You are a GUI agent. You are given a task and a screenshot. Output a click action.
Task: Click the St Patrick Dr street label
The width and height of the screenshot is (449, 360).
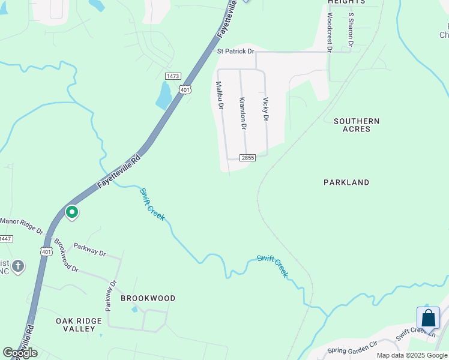click(x=235, y=52)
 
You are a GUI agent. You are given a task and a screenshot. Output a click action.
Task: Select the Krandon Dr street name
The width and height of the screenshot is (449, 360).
click(x=243, y=113)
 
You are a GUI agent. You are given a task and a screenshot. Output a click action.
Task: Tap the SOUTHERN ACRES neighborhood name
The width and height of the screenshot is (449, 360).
click(x=357, y=125)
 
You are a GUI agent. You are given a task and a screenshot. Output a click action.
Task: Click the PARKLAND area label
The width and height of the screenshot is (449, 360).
click(x=346, y=182)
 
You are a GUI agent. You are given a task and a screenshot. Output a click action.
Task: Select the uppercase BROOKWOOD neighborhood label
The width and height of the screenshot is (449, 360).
click(x=148, y=298)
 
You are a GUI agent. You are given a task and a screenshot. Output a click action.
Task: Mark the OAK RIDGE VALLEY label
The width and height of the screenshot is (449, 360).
click(x=84, y=325)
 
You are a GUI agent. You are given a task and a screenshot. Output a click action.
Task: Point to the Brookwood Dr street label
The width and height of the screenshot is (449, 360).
click(x=67, y=256)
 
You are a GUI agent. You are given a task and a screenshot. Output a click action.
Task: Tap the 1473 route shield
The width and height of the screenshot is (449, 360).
click(x=173, y=76)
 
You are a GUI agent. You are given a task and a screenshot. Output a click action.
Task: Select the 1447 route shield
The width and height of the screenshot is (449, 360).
click(x=5, y=239)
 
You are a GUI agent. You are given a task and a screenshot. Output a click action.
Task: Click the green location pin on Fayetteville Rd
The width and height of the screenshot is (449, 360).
click(x=72, y=212)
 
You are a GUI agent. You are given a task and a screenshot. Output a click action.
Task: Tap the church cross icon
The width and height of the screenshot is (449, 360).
click(x=17, y=266)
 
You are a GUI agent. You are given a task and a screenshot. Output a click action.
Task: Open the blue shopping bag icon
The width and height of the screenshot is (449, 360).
click(x=429, y=317)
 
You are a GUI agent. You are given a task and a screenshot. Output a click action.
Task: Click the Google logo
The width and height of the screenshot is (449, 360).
click(x=20, y=353)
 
